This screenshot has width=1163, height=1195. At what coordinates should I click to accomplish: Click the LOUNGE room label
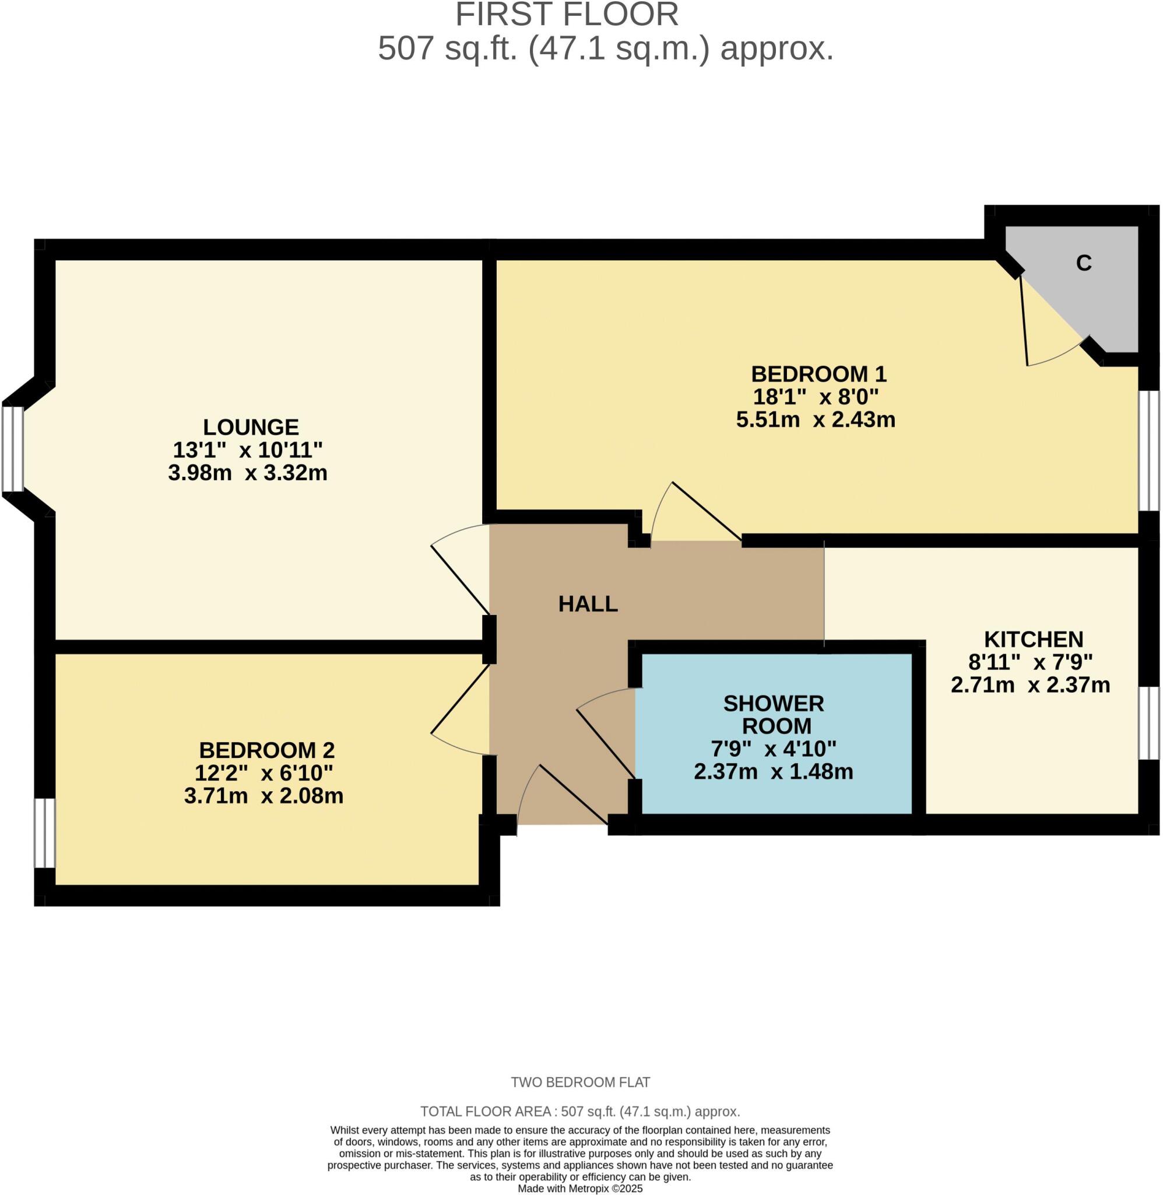[251, 427]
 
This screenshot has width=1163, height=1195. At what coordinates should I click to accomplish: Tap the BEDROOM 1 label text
[818, 373]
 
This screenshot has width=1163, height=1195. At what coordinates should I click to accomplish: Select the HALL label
[588, 604]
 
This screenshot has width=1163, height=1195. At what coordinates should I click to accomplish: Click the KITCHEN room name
[1034, 640]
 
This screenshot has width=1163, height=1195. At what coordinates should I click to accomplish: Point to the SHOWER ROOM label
[775, 715]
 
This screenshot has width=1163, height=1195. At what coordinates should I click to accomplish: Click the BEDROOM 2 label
[267, 750]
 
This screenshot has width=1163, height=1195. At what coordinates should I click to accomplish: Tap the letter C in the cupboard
[1084, 263]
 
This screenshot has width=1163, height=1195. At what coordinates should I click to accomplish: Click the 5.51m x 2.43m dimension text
[816, 420]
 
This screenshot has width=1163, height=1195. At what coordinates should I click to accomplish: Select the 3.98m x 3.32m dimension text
[247, 473]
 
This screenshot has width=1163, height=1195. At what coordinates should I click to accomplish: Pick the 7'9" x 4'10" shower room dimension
[774, 749]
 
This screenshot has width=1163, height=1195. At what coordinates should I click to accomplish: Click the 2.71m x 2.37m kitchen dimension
[1031, 685]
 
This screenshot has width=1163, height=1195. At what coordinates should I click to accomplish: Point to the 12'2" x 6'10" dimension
[263, 773]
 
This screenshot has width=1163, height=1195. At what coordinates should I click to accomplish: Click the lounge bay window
[12, 449]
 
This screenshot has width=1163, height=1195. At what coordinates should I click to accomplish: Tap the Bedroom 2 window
[44, 833]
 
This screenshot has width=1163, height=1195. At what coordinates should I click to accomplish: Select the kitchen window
[1149, 723]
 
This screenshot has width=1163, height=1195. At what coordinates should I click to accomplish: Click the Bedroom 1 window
[1149, 450]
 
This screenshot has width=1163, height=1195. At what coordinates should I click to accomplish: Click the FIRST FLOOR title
[567, 15]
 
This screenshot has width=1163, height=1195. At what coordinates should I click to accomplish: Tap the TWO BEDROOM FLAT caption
[580, 1082]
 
